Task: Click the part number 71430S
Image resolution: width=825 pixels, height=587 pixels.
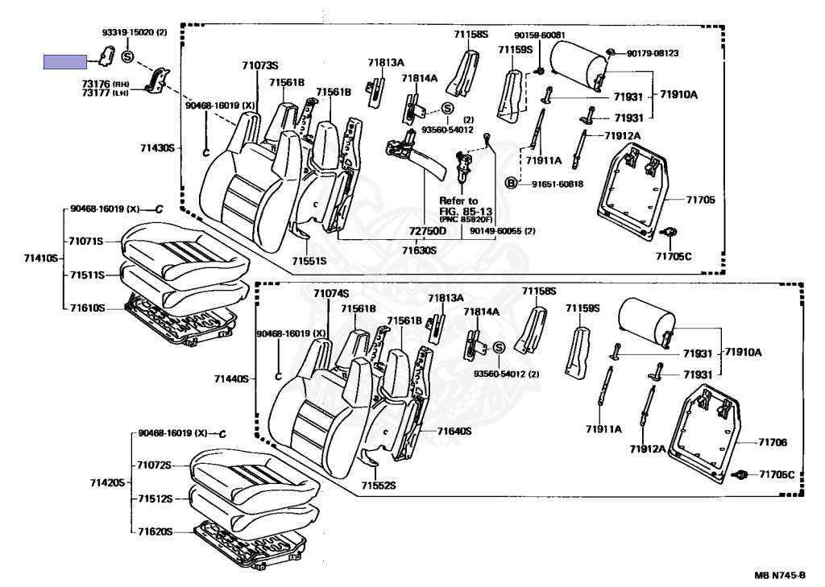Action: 157,148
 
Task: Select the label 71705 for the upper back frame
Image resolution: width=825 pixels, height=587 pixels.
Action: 700,200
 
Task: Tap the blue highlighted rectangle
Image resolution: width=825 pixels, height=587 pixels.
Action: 65,62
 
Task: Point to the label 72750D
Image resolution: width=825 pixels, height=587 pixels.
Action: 428,230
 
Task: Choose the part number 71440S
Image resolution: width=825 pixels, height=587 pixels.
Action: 231,378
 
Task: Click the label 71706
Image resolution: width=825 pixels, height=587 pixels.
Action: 773,442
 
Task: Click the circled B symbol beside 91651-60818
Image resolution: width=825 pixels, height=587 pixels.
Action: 510,183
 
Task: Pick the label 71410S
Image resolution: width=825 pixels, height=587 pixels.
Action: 41,258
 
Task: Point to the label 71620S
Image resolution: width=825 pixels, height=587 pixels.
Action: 155,531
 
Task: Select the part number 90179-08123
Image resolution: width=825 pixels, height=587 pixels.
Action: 653,53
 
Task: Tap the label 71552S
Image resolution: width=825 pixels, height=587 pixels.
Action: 379,485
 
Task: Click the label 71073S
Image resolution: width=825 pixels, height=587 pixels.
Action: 260,65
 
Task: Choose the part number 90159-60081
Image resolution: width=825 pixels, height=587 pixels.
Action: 540,35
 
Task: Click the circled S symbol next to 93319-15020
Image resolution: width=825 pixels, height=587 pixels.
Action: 128,56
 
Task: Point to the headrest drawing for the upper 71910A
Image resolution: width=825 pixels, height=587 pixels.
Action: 578,66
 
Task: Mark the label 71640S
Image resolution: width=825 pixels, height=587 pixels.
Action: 454,432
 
